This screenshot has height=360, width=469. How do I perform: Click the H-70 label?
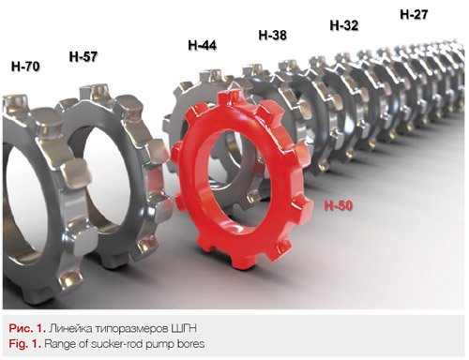[25, 67]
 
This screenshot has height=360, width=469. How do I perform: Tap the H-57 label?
[83, 56]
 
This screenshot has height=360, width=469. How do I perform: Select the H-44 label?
[202, 45]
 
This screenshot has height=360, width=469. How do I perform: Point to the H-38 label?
[272, 35]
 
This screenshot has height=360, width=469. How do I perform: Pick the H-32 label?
[344, 25]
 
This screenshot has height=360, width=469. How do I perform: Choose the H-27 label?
[414, 14]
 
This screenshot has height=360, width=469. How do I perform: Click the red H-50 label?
[339, 205]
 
